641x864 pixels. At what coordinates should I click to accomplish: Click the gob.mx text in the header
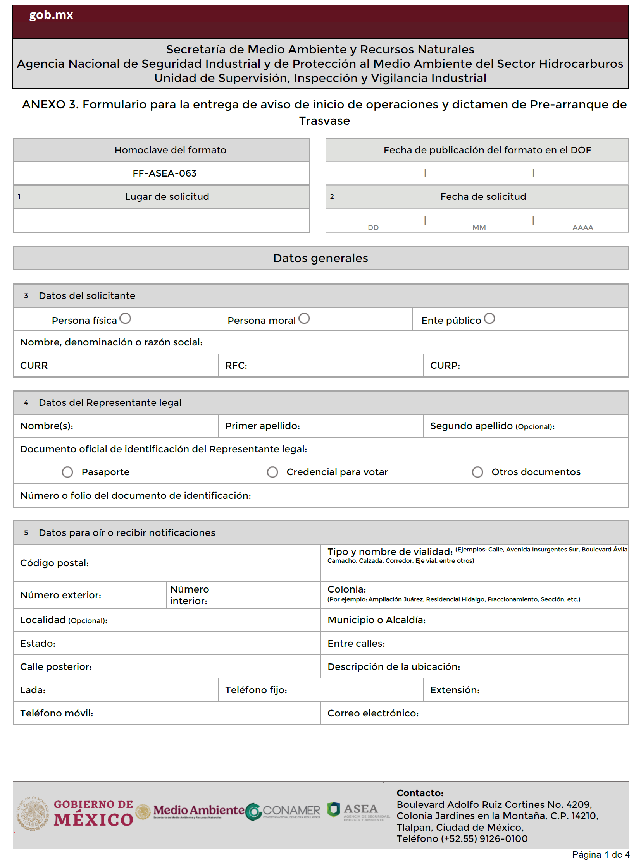click(x=51, y=15)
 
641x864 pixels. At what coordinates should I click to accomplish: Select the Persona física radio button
click(x=125, y=318)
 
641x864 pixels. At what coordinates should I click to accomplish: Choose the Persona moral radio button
click(x=304, y=318)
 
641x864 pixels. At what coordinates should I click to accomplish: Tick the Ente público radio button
click(x=489, y=318)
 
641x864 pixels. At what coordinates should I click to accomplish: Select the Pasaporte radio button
click(x=67, y=472)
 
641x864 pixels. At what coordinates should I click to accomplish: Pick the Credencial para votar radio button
click(x=272, y=472)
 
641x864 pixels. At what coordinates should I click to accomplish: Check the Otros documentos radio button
click(x=477, y=472)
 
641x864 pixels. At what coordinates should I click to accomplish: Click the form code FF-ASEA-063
click(x=165, y=173)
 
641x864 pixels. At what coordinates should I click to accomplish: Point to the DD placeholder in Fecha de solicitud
click(x=373, y=228)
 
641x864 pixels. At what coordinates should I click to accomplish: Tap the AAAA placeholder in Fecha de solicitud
click(x=582, y=228)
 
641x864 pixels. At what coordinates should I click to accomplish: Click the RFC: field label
click(x=236, y=366)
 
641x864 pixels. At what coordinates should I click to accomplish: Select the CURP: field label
click(x=445, y=366)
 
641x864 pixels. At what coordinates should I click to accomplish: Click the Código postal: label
click(x=54, y=563)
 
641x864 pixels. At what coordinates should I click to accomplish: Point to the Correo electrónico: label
click(x=373, y=713)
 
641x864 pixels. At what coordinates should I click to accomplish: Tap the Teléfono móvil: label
click(x=57, y=713)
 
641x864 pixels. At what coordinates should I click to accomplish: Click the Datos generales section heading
click(x=320, y=258)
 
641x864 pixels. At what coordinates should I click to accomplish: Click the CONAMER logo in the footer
click(x=284, y=811)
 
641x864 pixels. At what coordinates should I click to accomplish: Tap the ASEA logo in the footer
click(x=358, y=811)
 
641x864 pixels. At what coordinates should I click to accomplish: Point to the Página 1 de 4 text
click(x=600, y=855)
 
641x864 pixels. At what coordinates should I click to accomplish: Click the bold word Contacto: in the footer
click(x=420, y=793)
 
